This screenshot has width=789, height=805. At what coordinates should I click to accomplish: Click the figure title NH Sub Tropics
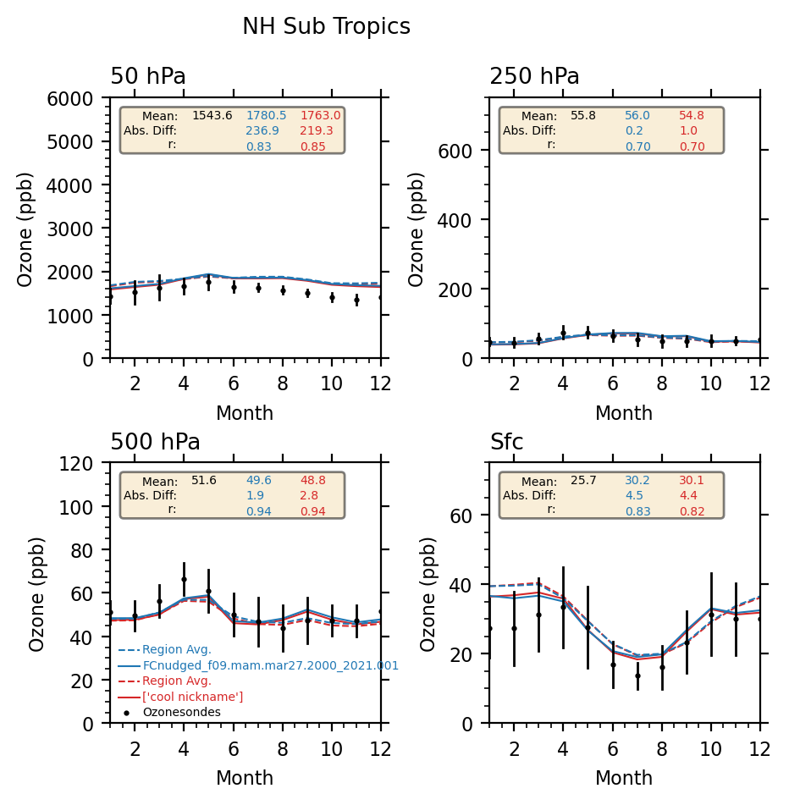(326, 27)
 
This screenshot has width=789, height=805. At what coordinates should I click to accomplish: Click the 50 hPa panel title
(148, 77)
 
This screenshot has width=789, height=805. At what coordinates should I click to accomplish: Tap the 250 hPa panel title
(534, 77)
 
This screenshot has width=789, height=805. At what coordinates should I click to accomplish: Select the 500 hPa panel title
(155, 443)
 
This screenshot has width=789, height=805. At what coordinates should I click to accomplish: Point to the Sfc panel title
(506, 443)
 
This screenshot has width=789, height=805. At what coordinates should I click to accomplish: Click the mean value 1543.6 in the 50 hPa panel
(212, 116)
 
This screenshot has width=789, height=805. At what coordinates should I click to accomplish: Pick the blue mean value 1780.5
(266, 116)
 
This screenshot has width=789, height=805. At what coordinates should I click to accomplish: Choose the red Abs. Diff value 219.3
(316, 131)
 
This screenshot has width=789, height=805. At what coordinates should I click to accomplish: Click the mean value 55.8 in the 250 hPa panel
(583, 116)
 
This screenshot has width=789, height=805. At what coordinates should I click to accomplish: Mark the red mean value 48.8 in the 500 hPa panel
(312, 481)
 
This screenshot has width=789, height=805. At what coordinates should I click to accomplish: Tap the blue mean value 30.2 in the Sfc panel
(638, 481)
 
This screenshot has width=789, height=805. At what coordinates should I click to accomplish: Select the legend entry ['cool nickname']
(192, 697)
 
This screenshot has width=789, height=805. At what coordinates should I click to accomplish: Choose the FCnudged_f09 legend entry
(270, 666)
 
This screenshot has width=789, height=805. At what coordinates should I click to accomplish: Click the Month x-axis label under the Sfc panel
(624, 779)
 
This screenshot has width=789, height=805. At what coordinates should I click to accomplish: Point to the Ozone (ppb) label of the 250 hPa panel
(417, 229)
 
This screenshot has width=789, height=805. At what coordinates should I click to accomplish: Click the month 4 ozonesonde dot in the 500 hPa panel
(184, 580)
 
